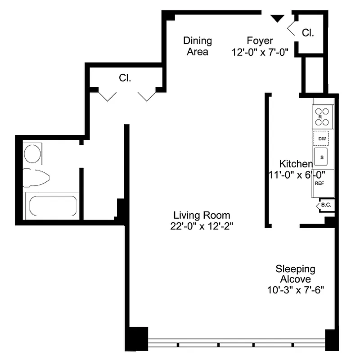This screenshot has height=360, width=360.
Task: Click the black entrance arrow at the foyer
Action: (x=278, y=18)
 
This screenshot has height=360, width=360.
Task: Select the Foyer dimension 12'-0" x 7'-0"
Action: (x=263, y=52)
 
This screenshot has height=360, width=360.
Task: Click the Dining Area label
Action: (x=197, y=46)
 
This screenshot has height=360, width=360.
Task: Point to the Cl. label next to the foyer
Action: (x=308, y=33)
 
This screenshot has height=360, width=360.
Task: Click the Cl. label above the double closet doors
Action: (x=125, y=78)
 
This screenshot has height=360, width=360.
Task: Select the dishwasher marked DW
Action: (x=321, y=139)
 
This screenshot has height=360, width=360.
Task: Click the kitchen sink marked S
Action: (x=322, y=157)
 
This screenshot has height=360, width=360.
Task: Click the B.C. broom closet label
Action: (x=325, y=206)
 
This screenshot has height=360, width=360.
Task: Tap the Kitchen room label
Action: (x=296, y=163)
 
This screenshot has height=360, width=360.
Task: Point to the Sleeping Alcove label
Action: (x=295, y=274)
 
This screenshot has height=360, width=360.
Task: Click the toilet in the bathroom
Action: (x=37, y=177)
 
